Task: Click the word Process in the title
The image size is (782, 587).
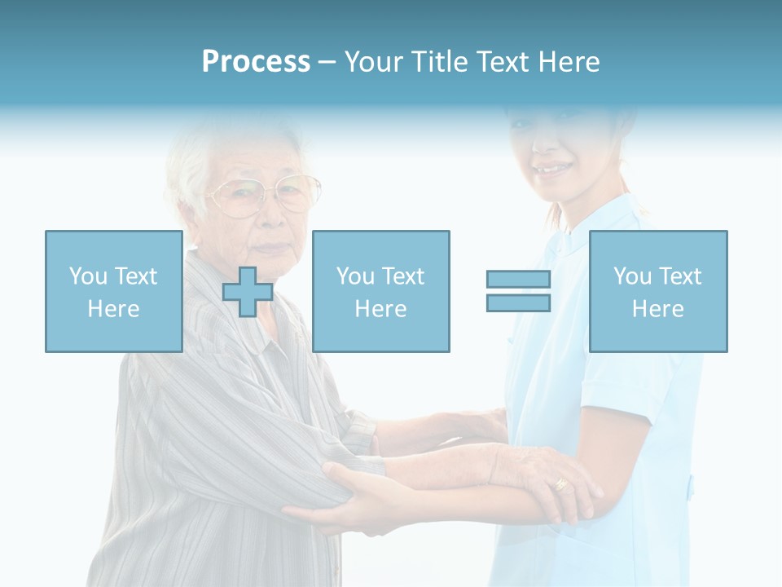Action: click(256, 62)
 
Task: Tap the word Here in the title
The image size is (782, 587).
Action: click(568, 62)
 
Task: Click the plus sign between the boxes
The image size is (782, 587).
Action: click(248, 291)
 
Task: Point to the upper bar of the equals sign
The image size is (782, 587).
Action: click(518, 279)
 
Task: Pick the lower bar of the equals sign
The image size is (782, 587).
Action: click(518, 302)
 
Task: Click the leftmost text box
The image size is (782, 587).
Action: click(113, 291)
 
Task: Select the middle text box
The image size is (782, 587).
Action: click(380, 291)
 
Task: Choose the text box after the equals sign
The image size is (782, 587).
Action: click(657, 291)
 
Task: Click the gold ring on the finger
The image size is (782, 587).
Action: click(561, 484)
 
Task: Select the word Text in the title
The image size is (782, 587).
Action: click(501, 62)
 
